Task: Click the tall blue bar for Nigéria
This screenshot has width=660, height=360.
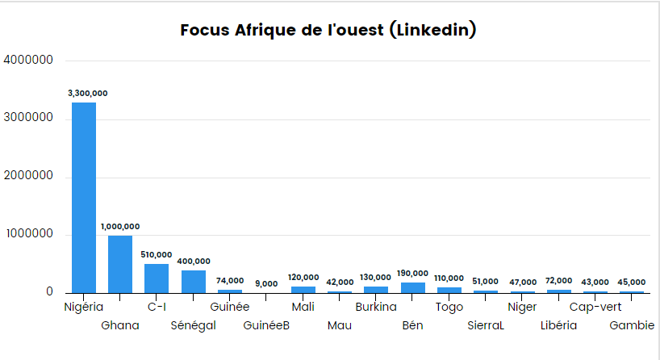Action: click(x=84, y=198)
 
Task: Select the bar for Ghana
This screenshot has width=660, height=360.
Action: click(x=120, y=264)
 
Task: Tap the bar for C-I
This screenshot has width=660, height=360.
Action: click(x=157, y=278)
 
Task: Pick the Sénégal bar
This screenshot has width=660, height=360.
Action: click(x=194, y=282)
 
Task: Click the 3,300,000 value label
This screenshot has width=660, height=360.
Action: click(x=87, y=94)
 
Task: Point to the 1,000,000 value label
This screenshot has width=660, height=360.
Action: click(x=120, y=227)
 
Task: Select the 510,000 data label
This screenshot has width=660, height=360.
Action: click(x=157, y=254)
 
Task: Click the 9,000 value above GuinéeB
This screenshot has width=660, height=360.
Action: click(x=266, y=284)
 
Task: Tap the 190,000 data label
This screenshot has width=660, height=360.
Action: click(x=413, y=274)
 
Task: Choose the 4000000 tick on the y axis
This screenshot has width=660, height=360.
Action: click(x=29, y=61)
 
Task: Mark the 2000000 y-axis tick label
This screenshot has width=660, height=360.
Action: click(x=29, y=177)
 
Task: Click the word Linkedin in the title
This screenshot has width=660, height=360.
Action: click(x=432, y=31)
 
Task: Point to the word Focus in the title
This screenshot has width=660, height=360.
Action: click(x=205, y=31)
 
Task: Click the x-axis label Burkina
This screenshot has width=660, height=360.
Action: click(x=376, y=307)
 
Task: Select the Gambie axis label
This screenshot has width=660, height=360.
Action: click(x=632, y=325)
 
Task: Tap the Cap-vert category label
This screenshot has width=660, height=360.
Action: click(x=595, y=307)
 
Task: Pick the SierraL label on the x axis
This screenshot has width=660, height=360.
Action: click(x=486, y=325)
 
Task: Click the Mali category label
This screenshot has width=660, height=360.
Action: click(x=303, y=307)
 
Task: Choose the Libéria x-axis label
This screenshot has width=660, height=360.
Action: click(x=559, y=325)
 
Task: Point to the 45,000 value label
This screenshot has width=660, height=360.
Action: click(x=632, y=283)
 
